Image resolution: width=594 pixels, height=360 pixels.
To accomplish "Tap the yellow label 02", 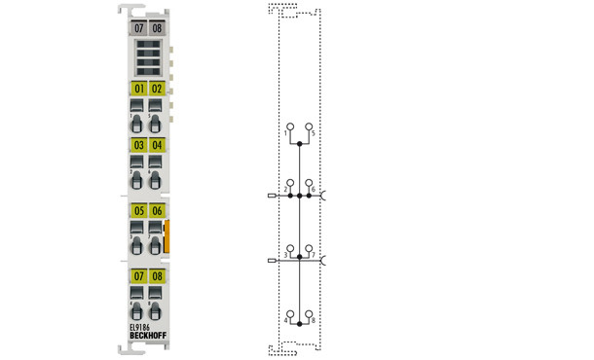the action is click(156, 89).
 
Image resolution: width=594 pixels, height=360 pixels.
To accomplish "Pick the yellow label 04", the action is click(156, 146).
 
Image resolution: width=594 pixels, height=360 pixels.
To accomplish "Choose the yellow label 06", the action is click(156, 210).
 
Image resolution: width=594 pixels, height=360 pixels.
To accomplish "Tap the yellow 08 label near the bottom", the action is click(156, 276).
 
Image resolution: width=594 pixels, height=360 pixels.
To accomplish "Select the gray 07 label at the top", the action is click(138, 28).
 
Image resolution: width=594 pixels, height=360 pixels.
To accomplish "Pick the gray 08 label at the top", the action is click(157, 28).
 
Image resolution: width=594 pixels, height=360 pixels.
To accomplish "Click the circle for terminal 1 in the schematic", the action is click(288, 126).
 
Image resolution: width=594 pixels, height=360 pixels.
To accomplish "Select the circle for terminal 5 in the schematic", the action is click(310, 126).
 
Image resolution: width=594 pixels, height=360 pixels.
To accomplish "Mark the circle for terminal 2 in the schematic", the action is click(288, 182).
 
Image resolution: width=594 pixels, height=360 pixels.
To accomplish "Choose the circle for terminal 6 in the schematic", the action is click(310, 182).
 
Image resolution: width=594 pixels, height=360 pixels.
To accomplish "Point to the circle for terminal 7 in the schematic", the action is click(310, 249).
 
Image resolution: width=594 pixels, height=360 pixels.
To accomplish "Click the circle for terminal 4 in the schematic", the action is click(288, 314).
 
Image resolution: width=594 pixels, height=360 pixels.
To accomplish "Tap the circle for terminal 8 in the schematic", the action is click(310, 314).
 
